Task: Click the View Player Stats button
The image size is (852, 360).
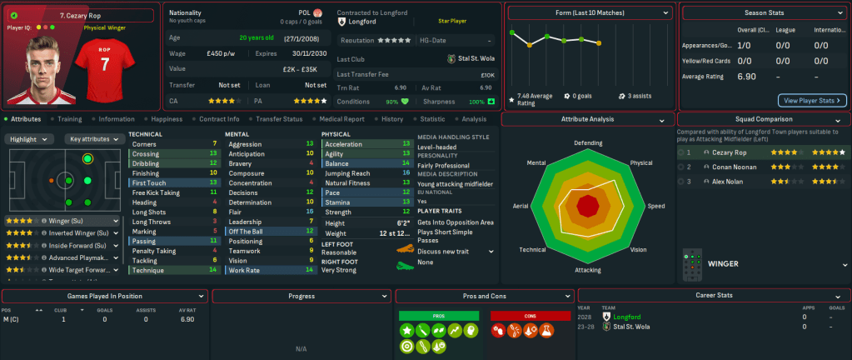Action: (x=812, y=101)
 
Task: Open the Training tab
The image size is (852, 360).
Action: (x=69, y=119)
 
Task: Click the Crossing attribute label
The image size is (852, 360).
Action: (x=146, y=154)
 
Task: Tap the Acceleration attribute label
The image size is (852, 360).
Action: (x=343, y=143)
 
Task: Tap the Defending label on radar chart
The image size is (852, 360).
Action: (x=587, y=143)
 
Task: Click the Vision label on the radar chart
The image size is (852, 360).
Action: (x=637, y=249)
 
